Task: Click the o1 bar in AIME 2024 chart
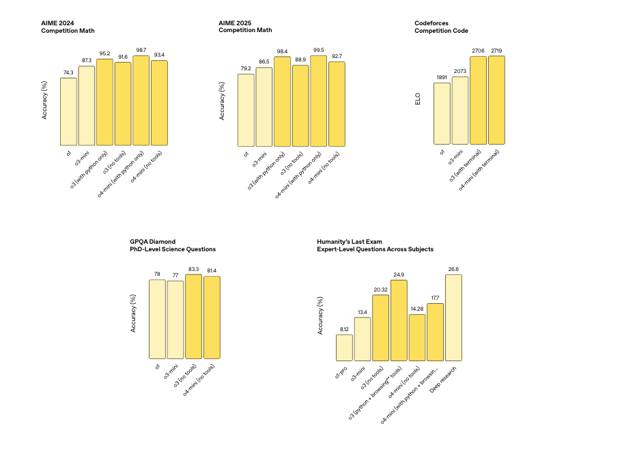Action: click(x=68, y=111)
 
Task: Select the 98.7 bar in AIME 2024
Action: click(x=141, y=100)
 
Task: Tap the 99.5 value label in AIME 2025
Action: click(x=318, y=49)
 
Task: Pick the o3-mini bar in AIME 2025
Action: click(x=264, y=106)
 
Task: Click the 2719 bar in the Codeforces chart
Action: click(x=496, y=100)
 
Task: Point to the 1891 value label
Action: click(x=442, y=77)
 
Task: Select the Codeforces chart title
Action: click(x=441, y=27)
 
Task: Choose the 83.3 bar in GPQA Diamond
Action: click(x=193, y=316)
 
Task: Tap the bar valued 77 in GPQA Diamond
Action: click(x=175, y=320)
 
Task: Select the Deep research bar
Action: click(x=453, y=317)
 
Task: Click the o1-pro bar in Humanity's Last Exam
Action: click(x=344, y=348)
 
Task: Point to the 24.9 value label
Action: click(x=399, y=274)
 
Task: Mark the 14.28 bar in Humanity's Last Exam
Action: click(x=417, y=337)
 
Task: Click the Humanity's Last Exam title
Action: click(x=375, y=245)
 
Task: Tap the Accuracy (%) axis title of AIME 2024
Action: click(x=45, y=100)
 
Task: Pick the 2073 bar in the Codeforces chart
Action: click(x=460, y=111)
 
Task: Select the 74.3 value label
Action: click(x=68, y=72)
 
